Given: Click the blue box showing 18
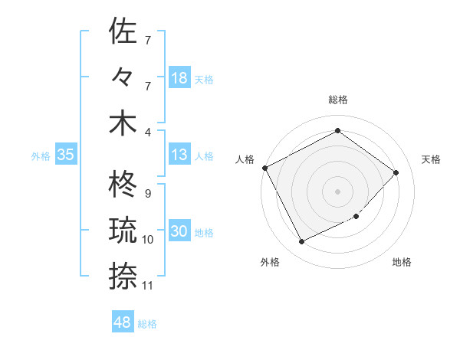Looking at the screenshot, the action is coord(179,77).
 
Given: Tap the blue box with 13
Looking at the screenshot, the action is coord(179,155).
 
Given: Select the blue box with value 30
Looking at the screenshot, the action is coord(179,232).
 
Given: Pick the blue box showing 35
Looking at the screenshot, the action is coord(65,155).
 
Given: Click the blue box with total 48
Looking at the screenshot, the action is coord(122,322).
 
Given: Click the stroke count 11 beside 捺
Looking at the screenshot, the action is coord(148,286).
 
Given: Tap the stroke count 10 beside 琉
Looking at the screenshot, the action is coord(148,240).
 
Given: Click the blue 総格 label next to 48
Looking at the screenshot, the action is coord(147,324).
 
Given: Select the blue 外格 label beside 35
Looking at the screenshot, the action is coord(41,156).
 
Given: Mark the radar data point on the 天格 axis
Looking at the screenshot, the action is coord(396,172).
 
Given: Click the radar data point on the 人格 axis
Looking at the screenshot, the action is coord(264,168).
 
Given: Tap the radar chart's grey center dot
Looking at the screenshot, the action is coord(337,191).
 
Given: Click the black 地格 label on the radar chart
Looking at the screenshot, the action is coord(402,263).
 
